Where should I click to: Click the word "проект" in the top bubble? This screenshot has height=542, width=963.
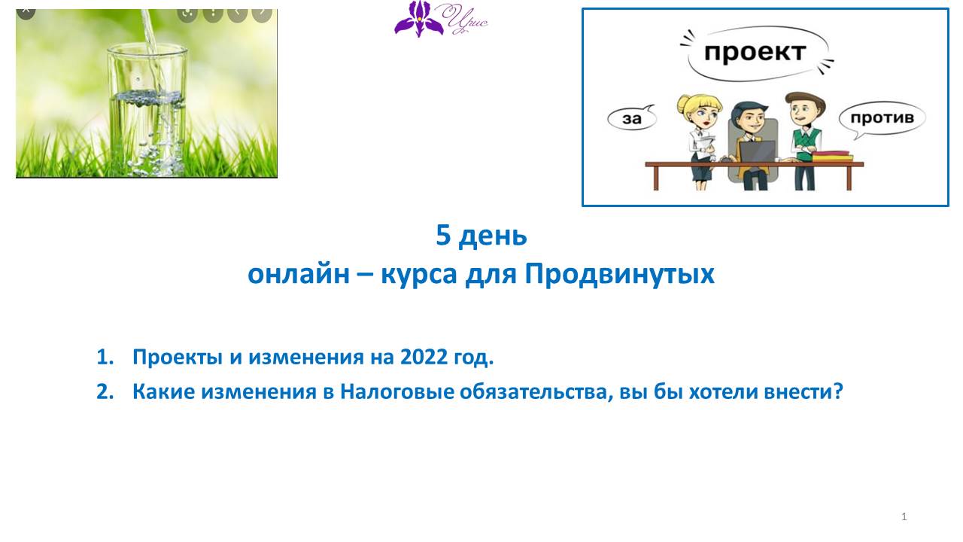[755, 53]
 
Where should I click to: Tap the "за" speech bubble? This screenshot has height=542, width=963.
[631, 118]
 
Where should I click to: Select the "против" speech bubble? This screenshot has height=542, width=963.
[882, 119]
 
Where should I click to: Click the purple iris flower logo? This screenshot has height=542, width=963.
[419, 19]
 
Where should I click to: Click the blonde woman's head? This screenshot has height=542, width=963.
[700, 111]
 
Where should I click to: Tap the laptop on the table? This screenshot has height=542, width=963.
[758, 151]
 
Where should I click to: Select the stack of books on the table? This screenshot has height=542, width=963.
[832, 156]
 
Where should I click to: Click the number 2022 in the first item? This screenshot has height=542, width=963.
[424, 357]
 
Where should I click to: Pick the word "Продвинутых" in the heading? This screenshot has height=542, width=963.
[619, 274]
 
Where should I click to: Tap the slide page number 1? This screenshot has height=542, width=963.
[904, 516]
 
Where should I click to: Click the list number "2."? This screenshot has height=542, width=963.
[105, 392]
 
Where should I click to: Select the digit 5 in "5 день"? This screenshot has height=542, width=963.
[443, 235]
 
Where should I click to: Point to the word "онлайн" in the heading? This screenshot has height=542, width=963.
[299, 274]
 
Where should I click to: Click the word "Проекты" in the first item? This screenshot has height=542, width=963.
[177, 357]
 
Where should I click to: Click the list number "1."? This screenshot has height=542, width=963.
[105, 357]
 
